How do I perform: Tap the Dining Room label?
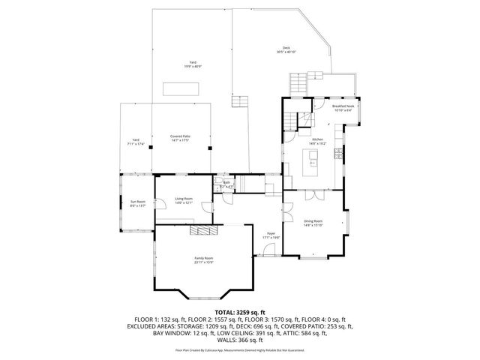(x=313, y=222)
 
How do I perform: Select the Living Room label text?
(x=184, y=199)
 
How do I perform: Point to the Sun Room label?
(x=137, y=202)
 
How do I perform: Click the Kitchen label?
(x=316, y=140)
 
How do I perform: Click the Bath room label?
(x=226, y=182)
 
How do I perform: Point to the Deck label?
(x=286, y=49)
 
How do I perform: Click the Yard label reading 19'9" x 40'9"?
(x=193, y=64)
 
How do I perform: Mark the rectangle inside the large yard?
(x=182, y=88)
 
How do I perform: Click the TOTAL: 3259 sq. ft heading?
(x=239, y=311)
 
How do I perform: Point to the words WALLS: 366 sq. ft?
(x=239, y=342)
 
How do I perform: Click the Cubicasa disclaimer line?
(x=239, y=350)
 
